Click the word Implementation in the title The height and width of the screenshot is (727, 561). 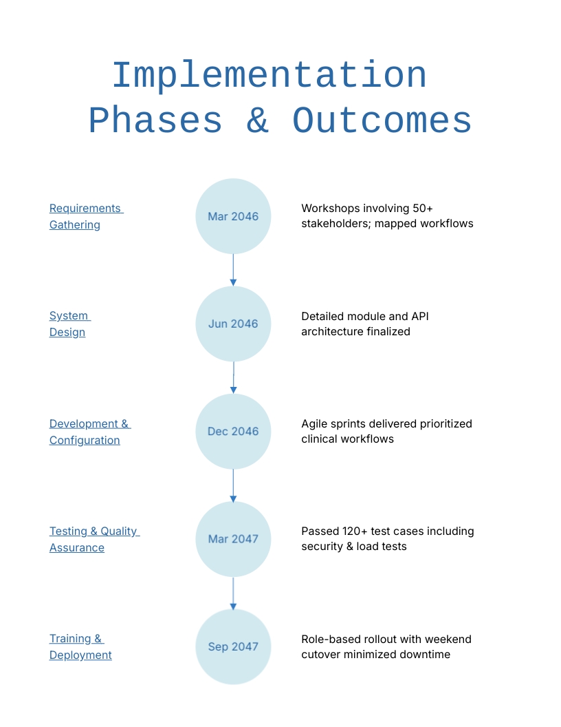(269, 76)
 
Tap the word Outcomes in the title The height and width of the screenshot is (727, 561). (382, 121)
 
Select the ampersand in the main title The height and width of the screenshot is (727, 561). (257, 121)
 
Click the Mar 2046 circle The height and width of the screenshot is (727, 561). (233, 216)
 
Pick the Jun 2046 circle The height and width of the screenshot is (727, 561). (233, 324)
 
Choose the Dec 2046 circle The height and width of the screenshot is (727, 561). (233, 432)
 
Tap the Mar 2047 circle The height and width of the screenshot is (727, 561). (233, 539)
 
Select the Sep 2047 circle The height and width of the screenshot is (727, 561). (233, 646)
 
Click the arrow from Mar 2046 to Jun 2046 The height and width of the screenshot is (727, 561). (233, 270)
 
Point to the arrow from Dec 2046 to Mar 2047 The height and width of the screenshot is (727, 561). (233, 485)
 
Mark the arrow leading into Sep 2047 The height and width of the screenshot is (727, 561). (233, 593)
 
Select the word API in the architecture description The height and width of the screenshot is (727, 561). (419, 317)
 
